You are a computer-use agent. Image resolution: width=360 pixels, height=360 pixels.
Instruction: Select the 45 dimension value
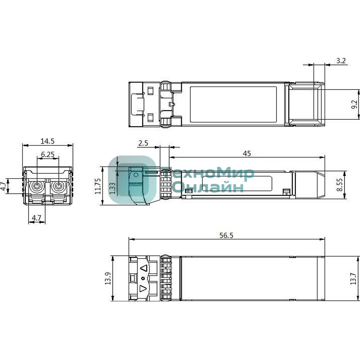pos(247,154)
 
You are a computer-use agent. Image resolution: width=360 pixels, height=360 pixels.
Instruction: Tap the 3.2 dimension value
pos(341,61)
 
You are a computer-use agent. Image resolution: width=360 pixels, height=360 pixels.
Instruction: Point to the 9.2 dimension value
pos(354,105)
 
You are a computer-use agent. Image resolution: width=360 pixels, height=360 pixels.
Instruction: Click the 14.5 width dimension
pos(48,141)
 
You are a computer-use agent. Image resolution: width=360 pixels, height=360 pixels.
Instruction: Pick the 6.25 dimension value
pos(48,154)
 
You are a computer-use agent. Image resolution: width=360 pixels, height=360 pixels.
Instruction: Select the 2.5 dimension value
pos(143,143)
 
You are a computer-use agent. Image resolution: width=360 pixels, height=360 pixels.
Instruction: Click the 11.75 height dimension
pos(98,186)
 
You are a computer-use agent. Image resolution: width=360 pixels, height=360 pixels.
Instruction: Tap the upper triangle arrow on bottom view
pos(144,268)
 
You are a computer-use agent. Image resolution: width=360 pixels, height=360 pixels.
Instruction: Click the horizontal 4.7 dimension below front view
pos(37,218)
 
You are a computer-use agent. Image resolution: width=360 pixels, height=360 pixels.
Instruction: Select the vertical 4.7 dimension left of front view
pos(3,186)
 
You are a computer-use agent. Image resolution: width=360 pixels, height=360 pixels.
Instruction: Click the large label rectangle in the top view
pos(233,104)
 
